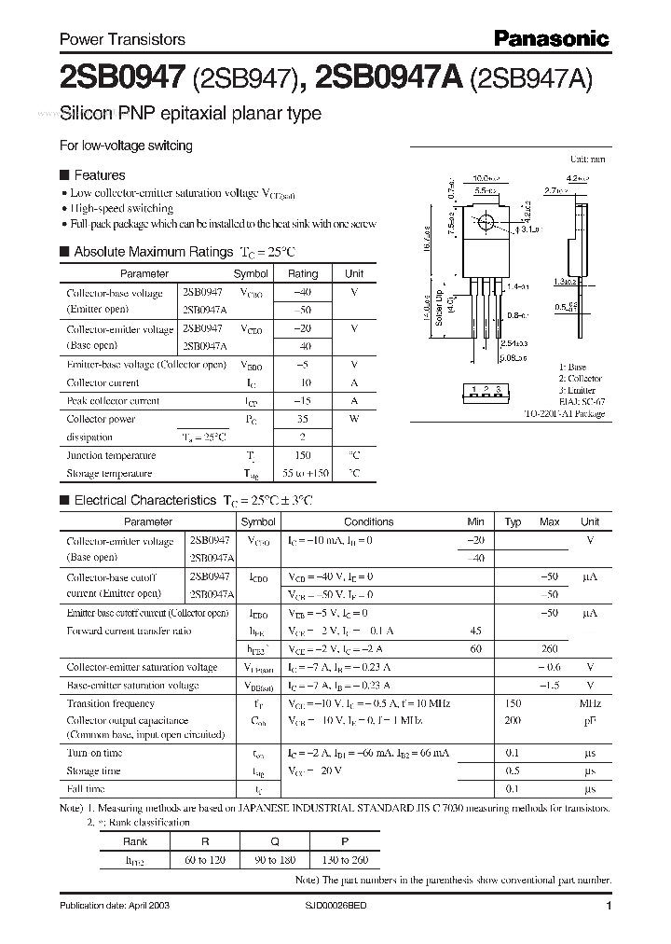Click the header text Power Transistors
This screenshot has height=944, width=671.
[x=122, y=39]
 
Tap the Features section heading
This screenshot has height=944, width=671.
[x=99, y=174]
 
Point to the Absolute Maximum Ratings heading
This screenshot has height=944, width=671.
[x=152, y=252]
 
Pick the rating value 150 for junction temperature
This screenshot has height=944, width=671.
[x=302, y=455]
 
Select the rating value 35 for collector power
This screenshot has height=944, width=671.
[x=302, y=419]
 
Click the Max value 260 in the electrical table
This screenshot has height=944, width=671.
[x=549, y=649]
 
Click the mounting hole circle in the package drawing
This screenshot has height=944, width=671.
[x=486, y=225]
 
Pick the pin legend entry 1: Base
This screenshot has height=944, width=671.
[x=573, y=368]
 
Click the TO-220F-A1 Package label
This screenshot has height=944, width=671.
[x=563, y=413]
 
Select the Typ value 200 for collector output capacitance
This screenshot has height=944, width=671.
[x=513, y=721]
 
